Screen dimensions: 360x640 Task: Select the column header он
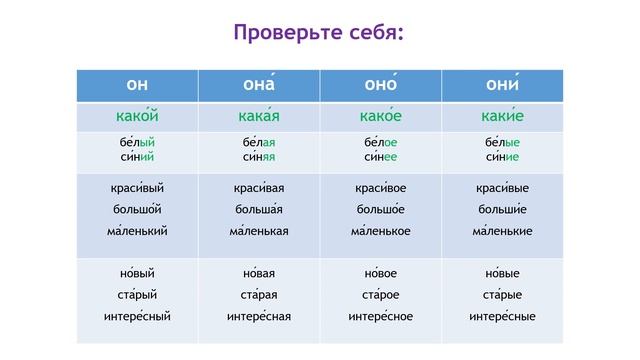(x=137, y=85)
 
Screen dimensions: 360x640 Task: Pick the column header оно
(x=380, y=85)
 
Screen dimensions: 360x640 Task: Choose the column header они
(x=501, y=85)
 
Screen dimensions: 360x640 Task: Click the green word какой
(x=137, y=117)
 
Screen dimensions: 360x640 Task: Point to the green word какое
(x=380, y=117)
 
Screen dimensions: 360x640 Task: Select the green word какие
(x=501, y=117)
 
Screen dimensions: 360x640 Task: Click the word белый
(x=137, y=142)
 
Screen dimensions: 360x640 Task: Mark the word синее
(x=380, y=156)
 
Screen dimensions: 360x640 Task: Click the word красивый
(x=137, y=188)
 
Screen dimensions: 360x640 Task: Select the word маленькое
(x=380, y=231)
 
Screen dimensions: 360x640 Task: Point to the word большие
(x=501, y=209)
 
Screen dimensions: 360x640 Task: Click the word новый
(x=137, y=273)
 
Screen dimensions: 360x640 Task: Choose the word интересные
(x=501, y=317)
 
